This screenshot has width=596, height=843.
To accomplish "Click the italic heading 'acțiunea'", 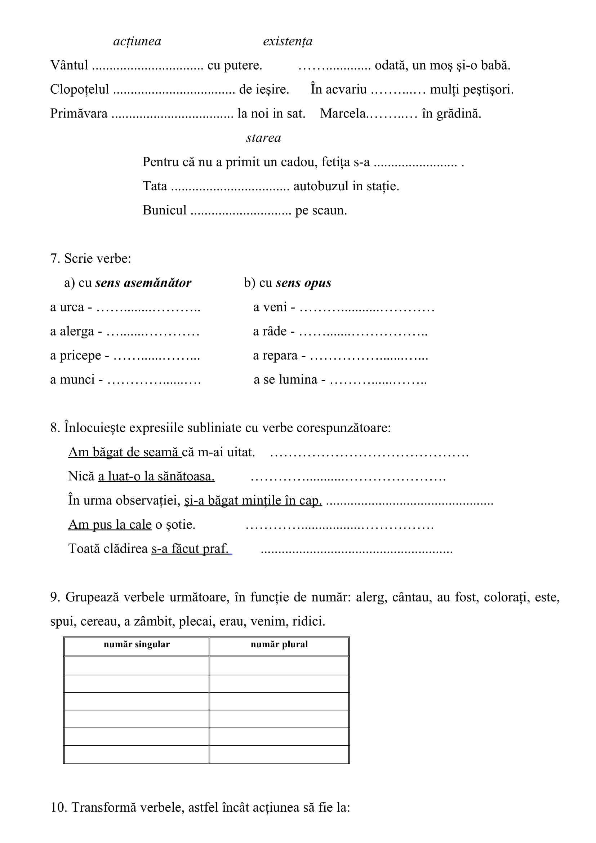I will click(137, 41).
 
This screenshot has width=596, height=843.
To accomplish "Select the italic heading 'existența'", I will click(288, 41).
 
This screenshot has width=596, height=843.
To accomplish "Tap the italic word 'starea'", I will click(263, 138).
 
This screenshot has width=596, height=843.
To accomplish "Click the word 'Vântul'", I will click(69, 65).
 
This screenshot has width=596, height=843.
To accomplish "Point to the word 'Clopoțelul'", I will click(80, 90).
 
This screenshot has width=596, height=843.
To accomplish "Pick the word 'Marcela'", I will click(343, 114).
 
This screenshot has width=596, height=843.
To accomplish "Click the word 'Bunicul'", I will click(164, 210).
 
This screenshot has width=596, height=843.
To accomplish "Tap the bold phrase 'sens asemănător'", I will click(143, 283).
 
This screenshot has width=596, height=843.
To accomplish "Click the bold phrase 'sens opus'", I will click(303, 283).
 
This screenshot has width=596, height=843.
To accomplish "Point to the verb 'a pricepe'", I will click(76, 355).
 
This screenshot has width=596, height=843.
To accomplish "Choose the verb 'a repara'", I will click(275, 355).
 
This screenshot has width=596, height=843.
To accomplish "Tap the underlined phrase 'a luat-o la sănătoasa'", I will click(156, 476).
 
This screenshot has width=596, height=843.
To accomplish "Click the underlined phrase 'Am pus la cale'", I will click(110, 524).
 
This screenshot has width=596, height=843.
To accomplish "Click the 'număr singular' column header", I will click(137, 644).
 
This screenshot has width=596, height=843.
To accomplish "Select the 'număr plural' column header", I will click(279, 644).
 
